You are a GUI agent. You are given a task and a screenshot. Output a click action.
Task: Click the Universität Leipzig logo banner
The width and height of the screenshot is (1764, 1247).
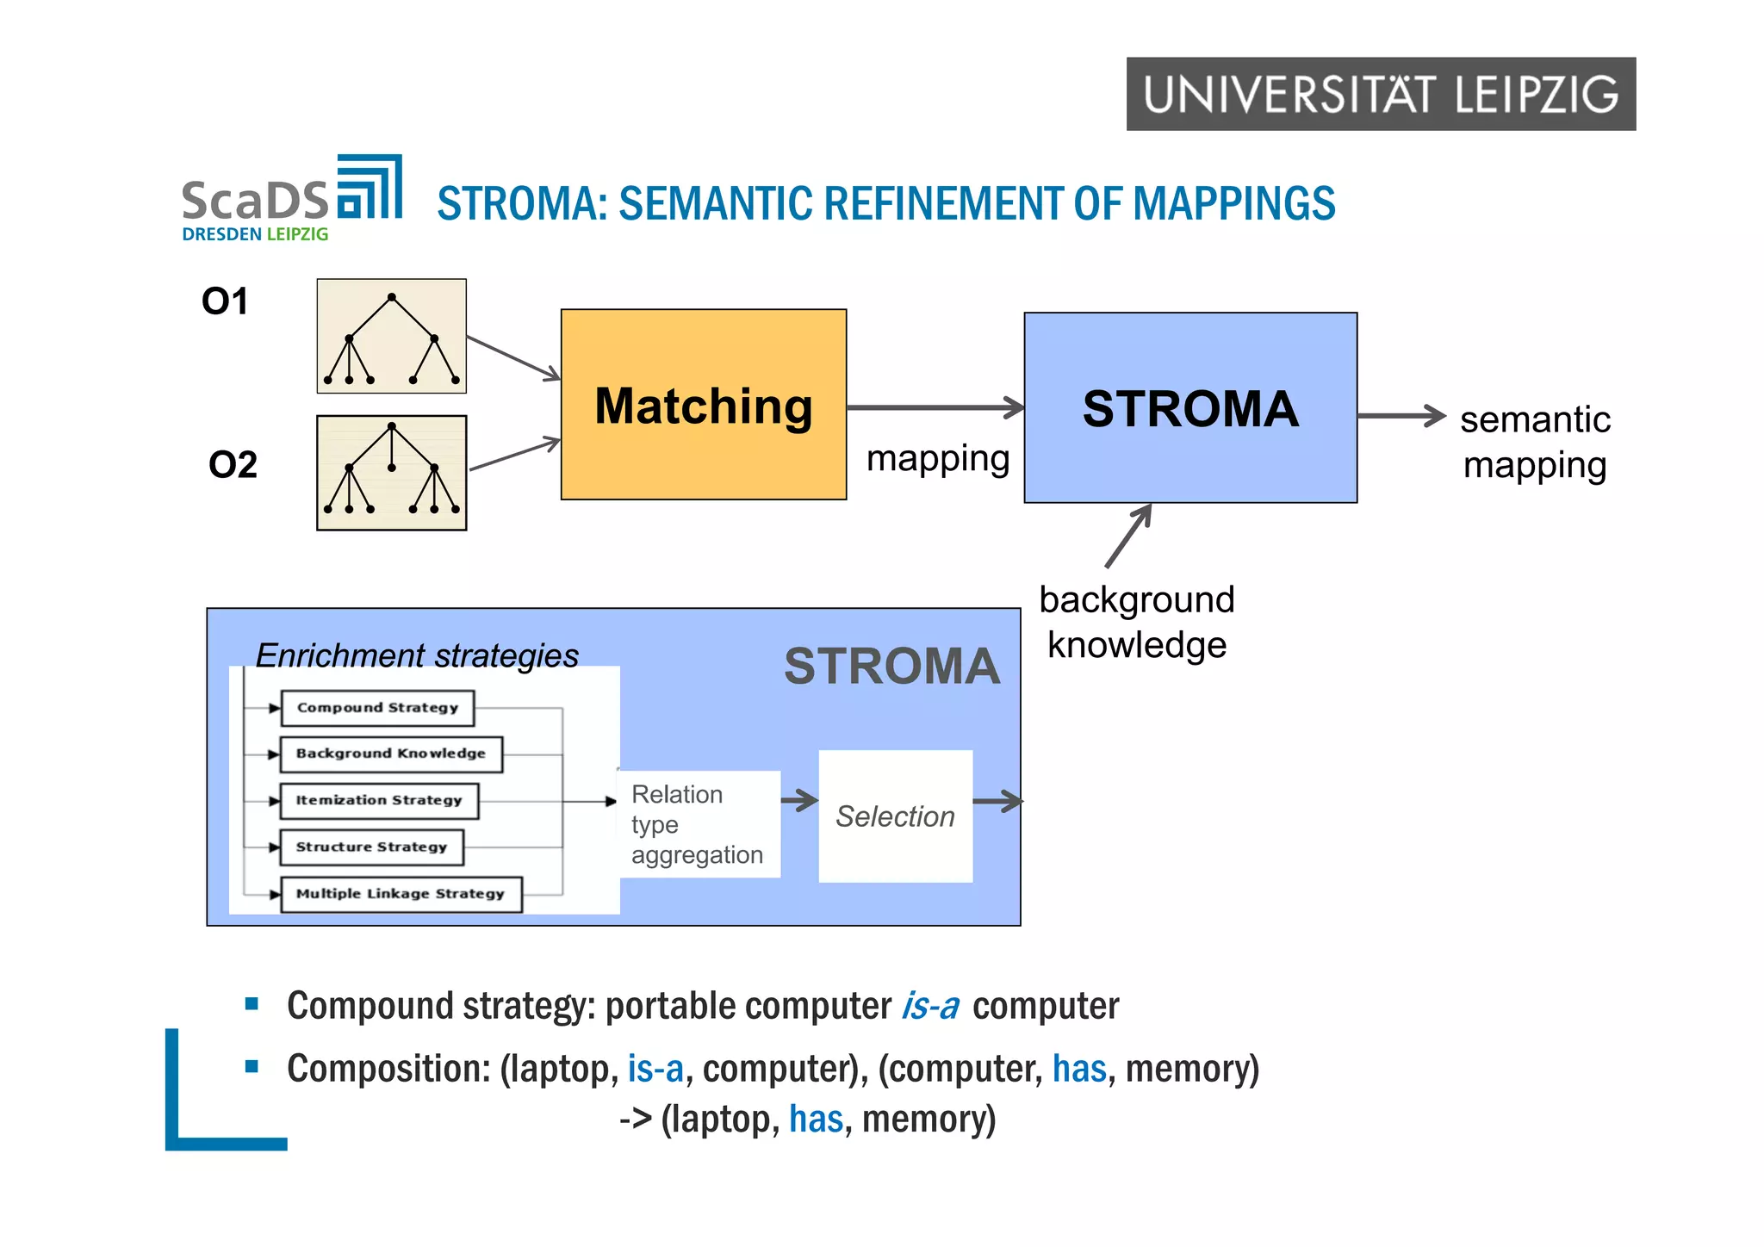tap(1380, 94)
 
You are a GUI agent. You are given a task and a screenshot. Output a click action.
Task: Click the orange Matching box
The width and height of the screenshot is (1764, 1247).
tap(703, 405)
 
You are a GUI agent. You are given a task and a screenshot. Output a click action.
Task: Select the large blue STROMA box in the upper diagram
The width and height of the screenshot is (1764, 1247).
tap(1189, 407)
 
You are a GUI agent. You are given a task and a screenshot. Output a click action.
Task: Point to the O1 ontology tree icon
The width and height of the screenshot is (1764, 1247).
tap(391, 336)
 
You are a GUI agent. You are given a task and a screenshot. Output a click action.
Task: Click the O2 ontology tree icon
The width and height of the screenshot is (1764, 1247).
tap(391, 473)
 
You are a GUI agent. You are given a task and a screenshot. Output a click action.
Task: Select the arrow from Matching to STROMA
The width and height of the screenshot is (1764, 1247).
tap(935, 407)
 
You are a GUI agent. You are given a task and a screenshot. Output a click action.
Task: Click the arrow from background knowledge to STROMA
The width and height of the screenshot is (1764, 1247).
tap(1127, 537)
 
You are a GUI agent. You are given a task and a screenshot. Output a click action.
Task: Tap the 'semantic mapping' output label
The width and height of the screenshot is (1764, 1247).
tap(1534, 442)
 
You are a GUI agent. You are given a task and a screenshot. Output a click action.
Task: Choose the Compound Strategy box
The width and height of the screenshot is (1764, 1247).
tap(377, 708)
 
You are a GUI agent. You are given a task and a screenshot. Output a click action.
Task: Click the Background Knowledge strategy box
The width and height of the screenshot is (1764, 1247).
tap(391, 754)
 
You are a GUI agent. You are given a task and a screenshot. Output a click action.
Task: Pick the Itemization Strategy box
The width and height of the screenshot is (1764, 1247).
tap(379, 800)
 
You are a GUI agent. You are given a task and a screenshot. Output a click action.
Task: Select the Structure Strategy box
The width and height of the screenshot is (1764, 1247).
tap(371, 847)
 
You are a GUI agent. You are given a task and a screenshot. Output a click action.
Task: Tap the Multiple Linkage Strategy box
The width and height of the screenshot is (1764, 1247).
tap(401, 894)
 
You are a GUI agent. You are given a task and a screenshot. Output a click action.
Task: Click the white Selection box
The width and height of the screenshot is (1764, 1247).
tap(895, 816)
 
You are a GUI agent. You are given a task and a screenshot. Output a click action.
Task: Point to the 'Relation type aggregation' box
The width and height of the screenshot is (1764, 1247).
tap(699, 824)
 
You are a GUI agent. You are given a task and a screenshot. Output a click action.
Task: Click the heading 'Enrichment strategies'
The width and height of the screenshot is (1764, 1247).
tap(417, 655)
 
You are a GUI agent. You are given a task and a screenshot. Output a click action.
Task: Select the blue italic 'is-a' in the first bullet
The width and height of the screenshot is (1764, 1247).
tap(929, 1006)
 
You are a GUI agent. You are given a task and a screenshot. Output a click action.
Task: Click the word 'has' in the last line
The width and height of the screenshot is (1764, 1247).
tap(815, 1119)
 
